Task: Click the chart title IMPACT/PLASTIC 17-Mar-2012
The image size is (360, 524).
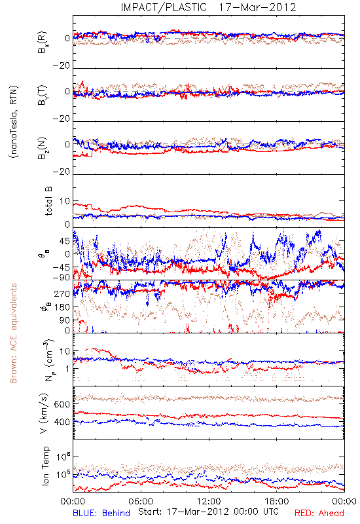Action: tap(208, 7)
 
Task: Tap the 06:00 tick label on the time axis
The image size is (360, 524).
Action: tap(141, 501)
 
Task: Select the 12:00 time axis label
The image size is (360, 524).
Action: tap(209, 501)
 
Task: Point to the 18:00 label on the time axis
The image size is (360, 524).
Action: tap(277, 501)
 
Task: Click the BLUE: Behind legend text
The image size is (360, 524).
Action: tap(101, 513)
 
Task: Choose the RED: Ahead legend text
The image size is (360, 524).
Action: tap(319, 513)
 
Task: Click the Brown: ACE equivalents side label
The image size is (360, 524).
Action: tap(13, 333)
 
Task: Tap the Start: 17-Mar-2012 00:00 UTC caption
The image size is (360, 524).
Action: tap(208, 512)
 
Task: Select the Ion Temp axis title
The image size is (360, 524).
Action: tap(45, 466)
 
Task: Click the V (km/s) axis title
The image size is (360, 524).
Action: tap(44, 413)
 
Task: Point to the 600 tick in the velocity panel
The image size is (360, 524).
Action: tap(62, 404)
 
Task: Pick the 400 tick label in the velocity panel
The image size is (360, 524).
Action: tap(62, 422)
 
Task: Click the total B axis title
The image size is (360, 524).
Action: tap(48, 201)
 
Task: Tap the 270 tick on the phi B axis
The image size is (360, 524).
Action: tap(62, 293)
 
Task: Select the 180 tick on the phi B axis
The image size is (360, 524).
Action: tap(62, 307)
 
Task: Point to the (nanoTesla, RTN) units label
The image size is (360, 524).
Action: tap(14, 122)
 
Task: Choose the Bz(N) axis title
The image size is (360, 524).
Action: tap(43, 148)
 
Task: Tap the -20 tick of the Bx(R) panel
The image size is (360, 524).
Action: tap(61, 66)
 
